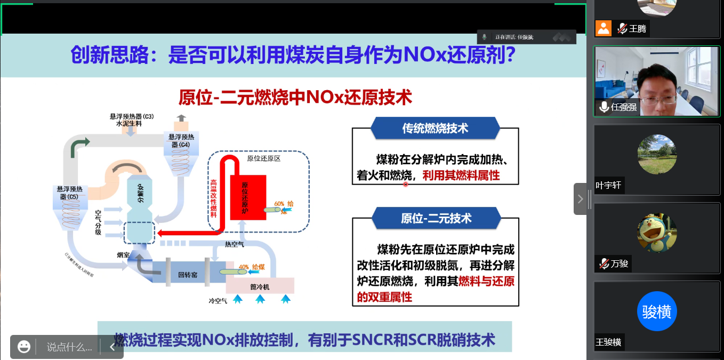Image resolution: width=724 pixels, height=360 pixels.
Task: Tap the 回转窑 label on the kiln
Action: pos(188,275)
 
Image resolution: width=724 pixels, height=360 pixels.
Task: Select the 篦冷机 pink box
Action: pos(260,286)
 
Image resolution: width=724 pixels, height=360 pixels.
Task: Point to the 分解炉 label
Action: pos(140,193)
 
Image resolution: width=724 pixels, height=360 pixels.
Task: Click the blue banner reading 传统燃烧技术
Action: pos(435,129)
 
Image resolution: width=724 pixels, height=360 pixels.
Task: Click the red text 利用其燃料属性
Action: pos(461,175)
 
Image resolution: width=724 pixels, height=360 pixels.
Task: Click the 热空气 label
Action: pos(235,244)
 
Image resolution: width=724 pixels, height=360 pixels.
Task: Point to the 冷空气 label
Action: pos(218,301)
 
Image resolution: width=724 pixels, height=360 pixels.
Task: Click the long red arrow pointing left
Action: pos(187,233)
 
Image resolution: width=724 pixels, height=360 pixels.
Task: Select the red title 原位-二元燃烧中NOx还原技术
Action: pos(295,98)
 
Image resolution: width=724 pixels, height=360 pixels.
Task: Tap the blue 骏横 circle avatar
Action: pos(657,311)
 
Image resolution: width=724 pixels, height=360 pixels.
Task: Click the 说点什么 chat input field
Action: pos(69,347)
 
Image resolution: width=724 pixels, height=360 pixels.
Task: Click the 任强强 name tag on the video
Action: pos(624,107)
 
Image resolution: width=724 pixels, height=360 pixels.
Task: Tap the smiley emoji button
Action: pos(23,347)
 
